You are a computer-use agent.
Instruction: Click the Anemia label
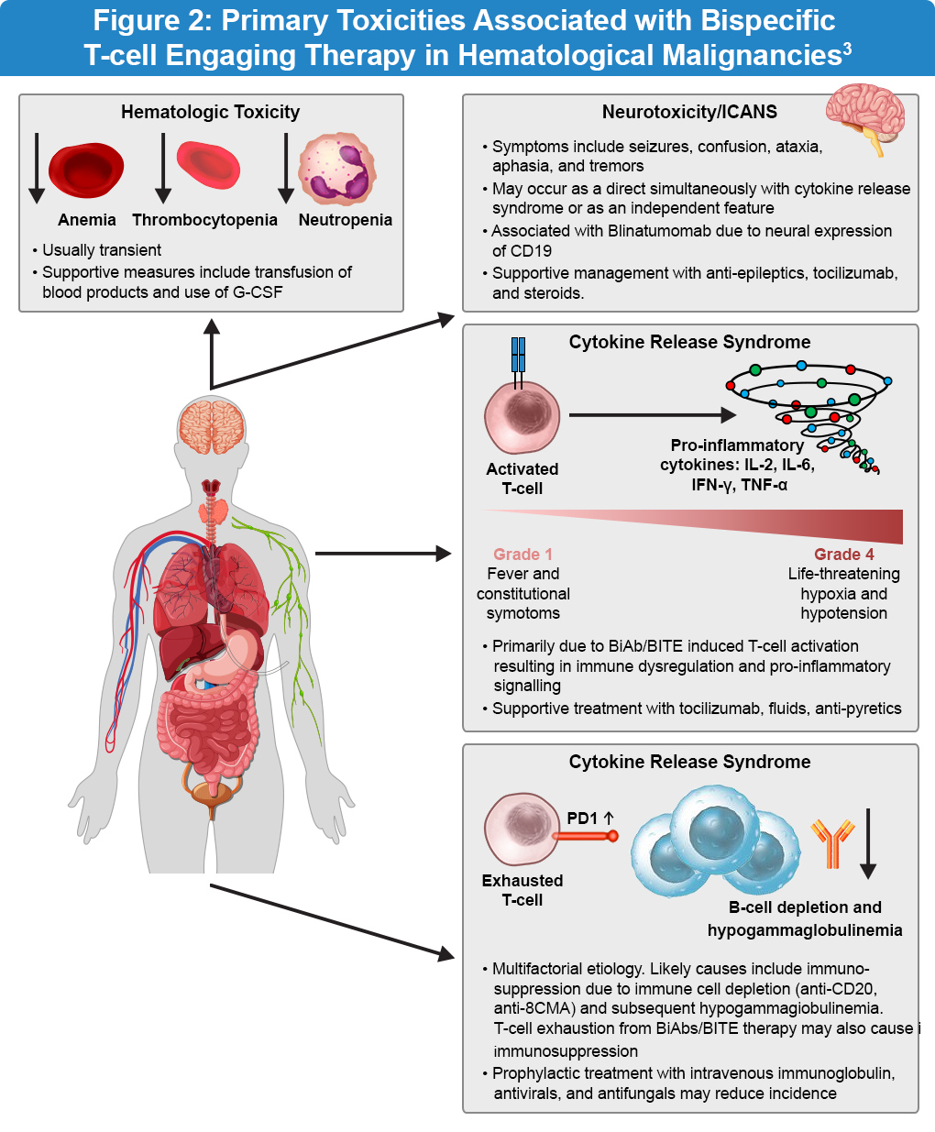click(x=87, y=220)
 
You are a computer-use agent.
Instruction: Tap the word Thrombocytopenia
click(x=204, y=220)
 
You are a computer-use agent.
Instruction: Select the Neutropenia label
click(x=345, y=220)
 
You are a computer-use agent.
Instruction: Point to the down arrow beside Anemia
click(x=37, y=168)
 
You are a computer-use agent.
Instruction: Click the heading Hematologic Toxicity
click(x=210, y=112)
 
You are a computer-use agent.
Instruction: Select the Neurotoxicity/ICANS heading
click(x=689, y=112)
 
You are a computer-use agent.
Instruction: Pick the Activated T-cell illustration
click(x=522, y=417)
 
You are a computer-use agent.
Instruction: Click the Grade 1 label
click(x=522, y=555)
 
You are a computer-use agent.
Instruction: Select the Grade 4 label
click(x=843, y=555)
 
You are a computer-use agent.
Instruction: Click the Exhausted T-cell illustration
click(x=522, y=830)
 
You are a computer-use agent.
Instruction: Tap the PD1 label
click(x=583, y=819)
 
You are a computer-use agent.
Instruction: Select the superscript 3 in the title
click(x=847, y=48)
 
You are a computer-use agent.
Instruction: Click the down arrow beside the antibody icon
click(x=868, y=843)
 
